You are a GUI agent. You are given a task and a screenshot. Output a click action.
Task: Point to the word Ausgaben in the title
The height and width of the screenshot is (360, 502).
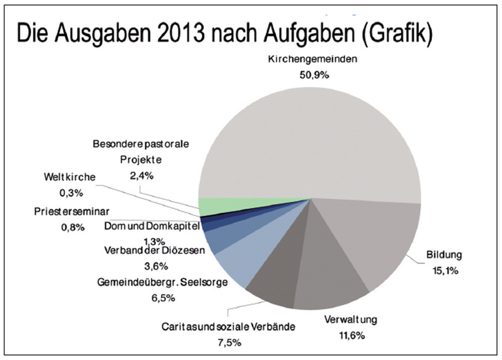coord(95,32)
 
